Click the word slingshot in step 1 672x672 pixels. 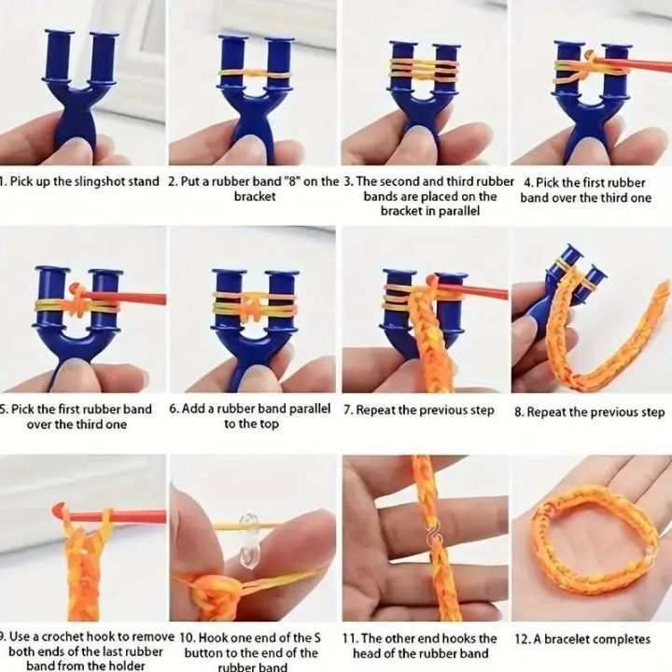81,181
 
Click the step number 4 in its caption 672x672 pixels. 528,181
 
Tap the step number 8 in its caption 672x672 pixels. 518,412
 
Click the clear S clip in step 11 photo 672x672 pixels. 432,537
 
